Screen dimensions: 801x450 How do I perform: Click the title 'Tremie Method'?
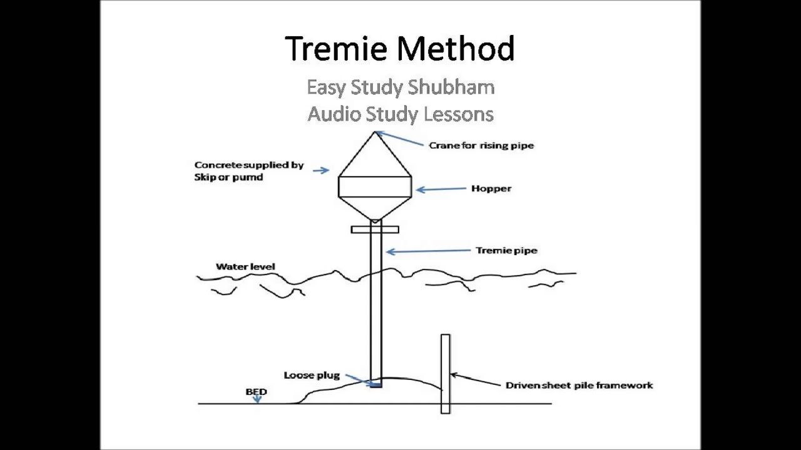click(400, 49)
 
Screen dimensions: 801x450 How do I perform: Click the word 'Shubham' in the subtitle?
click(452, 87)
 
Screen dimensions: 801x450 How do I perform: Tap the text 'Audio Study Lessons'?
click(400, 114)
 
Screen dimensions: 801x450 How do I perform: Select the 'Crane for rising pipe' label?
click(481, 146)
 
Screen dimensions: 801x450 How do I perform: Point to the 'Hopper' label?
click(491, 188)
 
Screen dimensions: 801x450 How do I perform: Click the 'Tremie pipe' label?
click(506, 251)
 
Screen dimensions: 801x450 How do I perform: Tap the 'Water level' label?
click(245, 267)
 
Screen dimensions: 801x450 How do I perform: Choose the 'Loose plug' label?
click(312, 376)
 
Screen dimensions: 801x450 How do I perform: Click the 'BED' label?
click(256, 392)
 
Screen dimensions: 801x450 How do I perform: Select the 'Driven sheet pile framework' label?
click(579, 385)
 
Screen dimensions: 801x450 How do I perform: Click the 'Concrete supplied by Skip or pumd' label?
click(248, 171)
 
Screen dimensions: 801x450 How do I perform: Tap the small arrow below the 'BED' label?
click(257, 399)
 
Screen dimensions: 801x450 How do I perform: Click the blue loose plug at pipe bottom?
click(375, 385)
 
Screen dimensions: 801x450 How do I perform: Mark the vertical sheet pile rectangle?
click(445, 374)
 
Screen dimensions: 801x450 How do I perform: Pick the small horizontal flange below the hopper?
click(375, 229)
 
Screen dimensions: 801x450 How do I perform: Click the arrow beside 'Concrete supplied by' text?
click(321, 170)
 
